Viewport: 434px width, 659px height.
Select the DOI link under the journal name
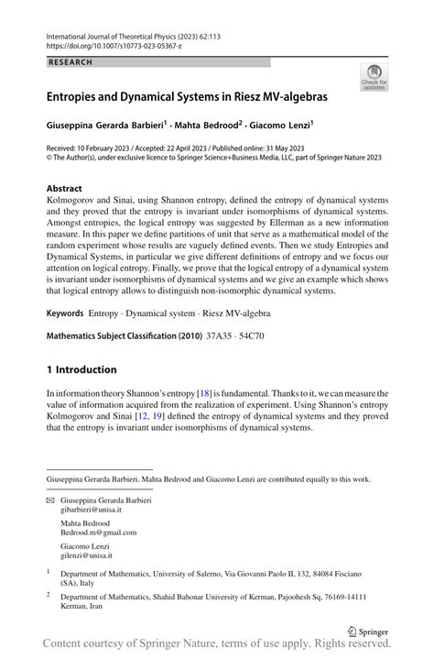coord(107,44)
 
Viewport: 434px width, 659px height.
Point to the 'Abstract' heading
coord(70,188)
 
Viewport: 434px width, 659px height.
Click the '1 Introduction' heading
coord(81,369)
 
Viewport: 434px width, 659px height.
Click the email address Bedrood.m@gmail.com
coord(98,533)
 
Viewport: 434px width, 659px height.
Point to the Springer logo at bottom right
coord(368,630)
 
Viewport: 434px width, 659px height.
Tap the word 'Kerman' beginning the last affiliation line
coord(76,606)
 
